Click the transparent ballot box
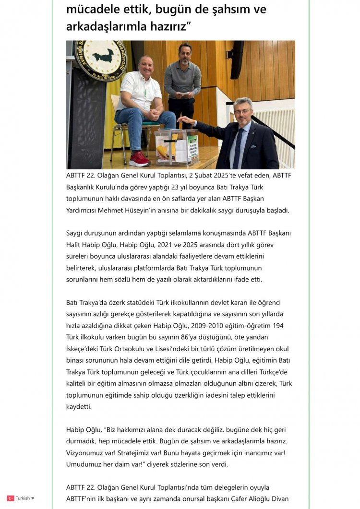(176, 147)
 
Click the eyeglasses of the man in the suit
(243, 111)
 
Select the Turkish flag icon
(10, 498)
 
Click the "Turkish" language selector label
(23, 498)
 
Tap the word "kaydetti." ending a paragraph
(78, 406)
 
